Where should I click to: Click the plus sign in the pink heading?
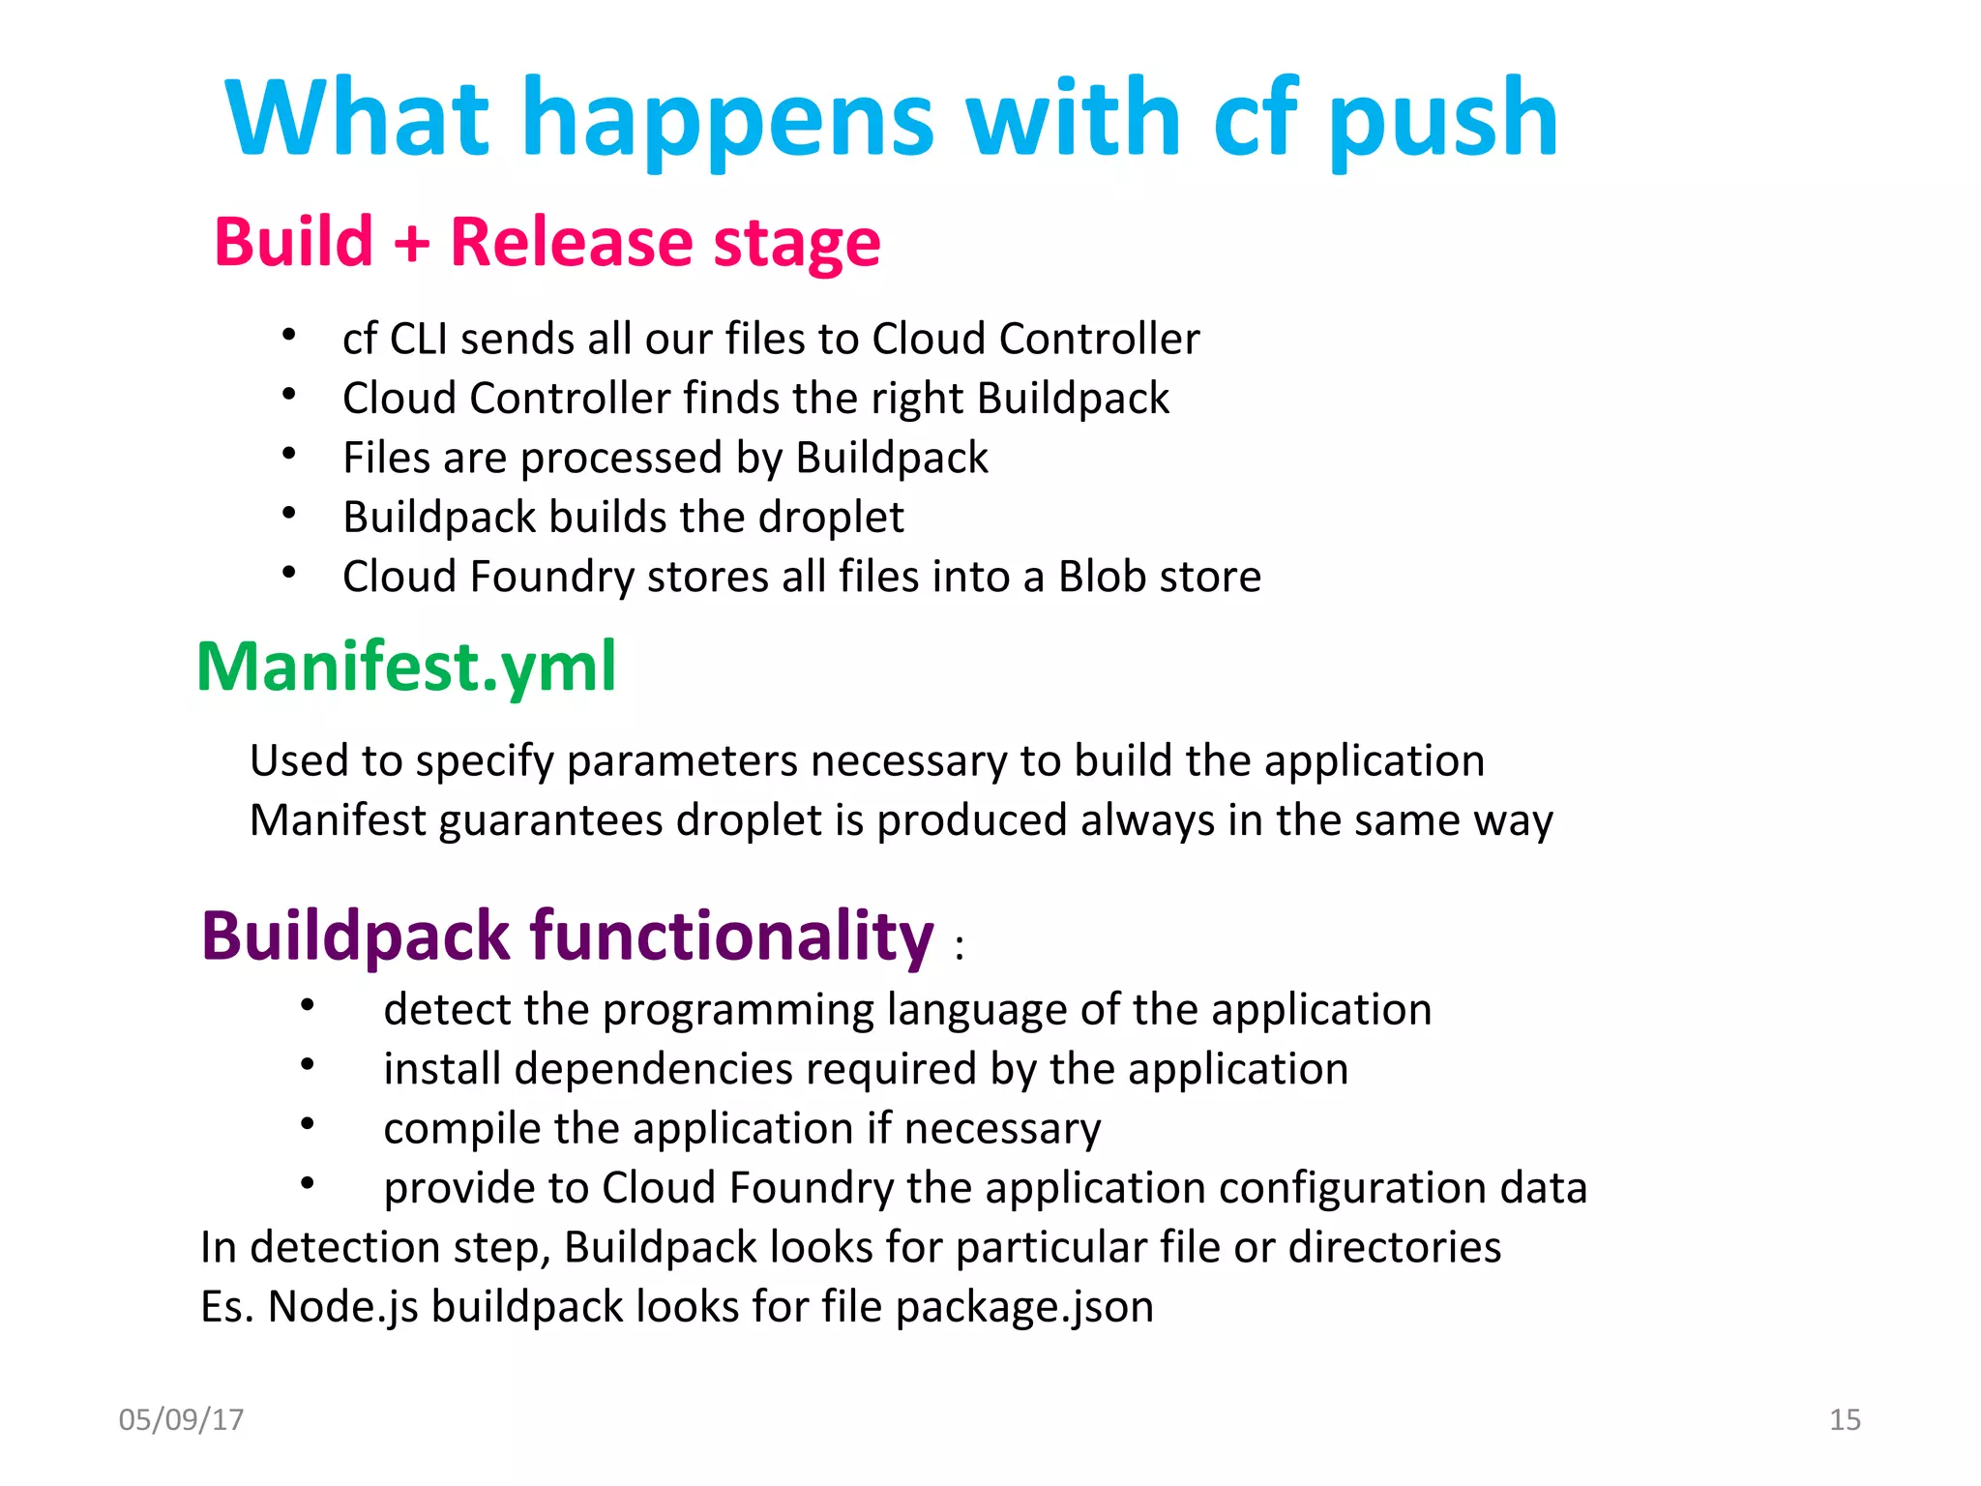411,242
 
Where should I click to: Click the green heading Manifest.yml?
406,667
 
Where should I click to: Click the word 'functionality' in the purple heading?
732,936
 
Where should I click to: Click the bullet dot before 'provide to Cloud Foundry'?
307,1182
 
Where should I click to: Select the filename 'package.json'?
1024,1307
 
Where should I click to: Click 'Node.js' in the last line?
343,1307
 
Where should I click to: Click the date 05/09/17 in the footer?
181,1419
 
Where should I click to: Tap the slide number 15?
1845,1419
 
